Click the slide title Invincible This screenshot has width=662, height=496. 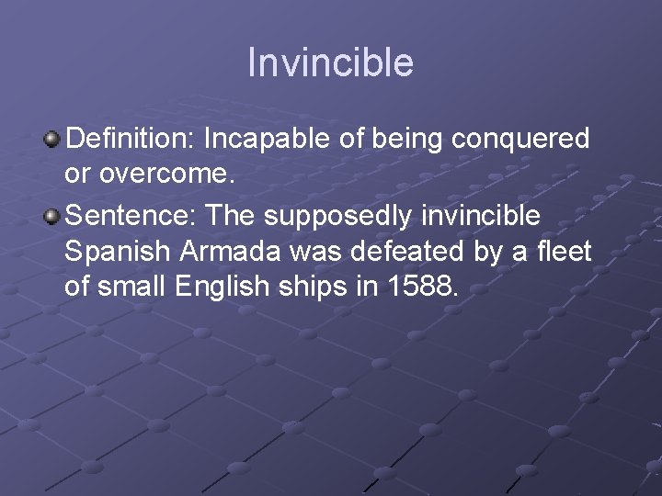(x=330, y=63)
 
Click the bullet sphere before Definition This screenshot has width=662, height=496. (x=52, y=140)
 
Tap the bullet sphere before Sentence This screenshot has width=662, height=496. (x=52, y=216)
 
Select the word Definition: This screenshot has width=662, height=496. (x=131, y=139)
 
